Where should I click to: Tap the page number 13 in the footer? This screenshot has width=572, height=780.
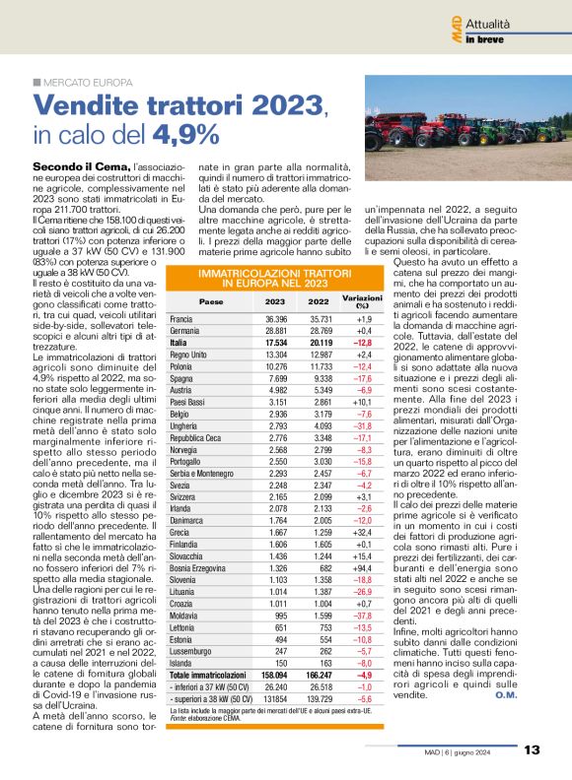coord(533,749)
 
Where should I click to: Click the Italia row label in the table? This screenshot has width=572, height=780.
coord(179,342)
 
